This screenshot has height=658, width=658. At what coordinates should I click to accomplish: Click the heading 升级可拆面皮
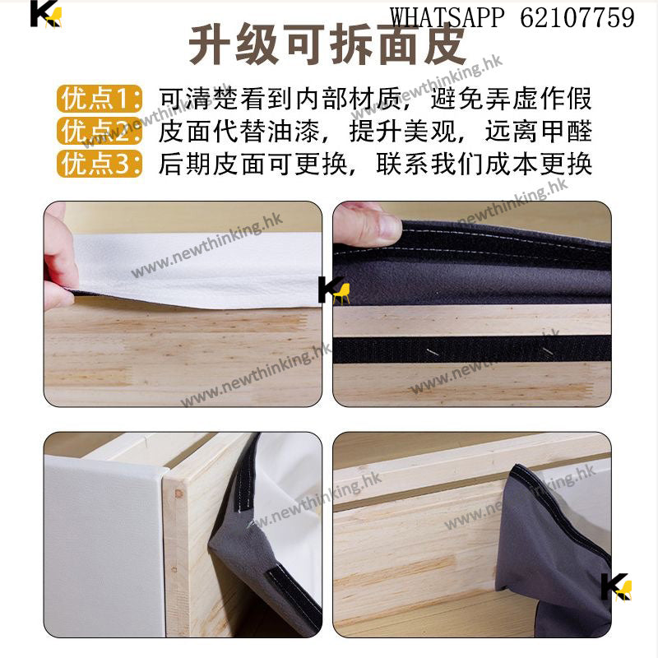click(x=327, y=45)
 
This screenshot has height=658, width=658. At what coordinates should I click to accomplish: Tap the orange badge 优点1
click(x=100, y=99)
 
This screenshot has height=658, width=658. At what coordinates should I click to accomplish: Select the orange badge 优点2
click(x=100, y=131)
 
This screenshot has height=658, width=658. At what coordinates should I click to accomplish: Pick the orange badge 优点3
click(x=100, y=163)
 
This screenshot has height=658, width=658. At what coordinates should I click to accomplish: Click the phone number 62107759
click(x=577, y=17)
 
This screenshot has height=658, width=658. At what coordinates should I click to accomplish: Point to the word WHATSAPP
click(x=447, y=17)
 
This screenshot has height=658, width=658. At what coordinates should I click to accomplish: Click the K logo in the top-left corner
click(x=46, y=14)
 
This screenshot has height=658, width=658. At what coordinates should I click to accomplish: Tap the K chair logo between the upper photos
click(x=334, y=290)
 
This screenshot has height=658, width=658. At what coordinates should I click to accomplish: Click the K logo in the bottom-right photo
click(x=616, y=586)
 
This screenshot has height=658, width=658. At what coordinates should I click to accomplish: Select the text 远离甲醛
click(x=539, y=131)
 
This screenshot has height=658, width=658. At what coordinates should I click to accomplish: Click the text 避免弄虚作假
click(x=511, y=99)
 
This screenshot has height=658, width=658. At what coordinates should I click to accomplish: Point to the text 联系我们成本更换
click(x=484, y=163)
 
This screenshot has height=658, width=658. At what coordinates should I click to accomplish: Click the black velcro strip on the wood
click(x=471, y=350)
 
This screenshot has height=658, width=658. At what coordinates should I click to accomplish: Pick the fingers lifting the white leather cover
click(x=59, y=256)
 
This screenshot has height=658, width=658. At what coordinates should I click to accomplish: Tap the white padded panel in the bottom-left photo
click(x=103, y=545)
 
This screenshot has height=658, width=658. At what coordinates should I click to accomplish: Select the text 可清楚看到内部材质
click(x=280, y=99)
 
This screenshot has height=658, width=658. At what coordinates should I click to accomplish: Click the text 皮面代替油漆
click(x=239, y=131)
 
